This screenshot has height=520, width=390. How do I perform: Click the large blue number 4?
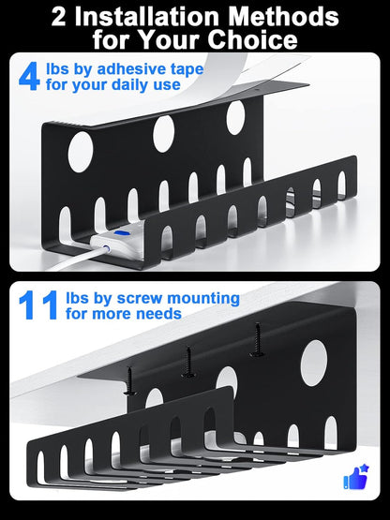(30, 76)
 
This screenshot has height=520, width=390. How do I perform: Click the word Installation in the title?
(141, 17)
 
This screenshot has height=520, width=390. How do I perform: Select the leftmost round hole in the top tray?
(81, 152)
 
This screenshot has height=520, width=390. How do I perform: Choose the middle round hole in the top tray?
(164, 133)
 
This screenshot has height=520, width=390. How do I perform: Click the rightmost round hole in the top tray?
(235, 116)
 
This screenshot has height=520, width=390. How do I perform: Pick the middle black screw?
(188, 360)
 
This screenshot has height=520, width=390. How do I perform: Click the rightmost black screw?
(255, 340)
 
